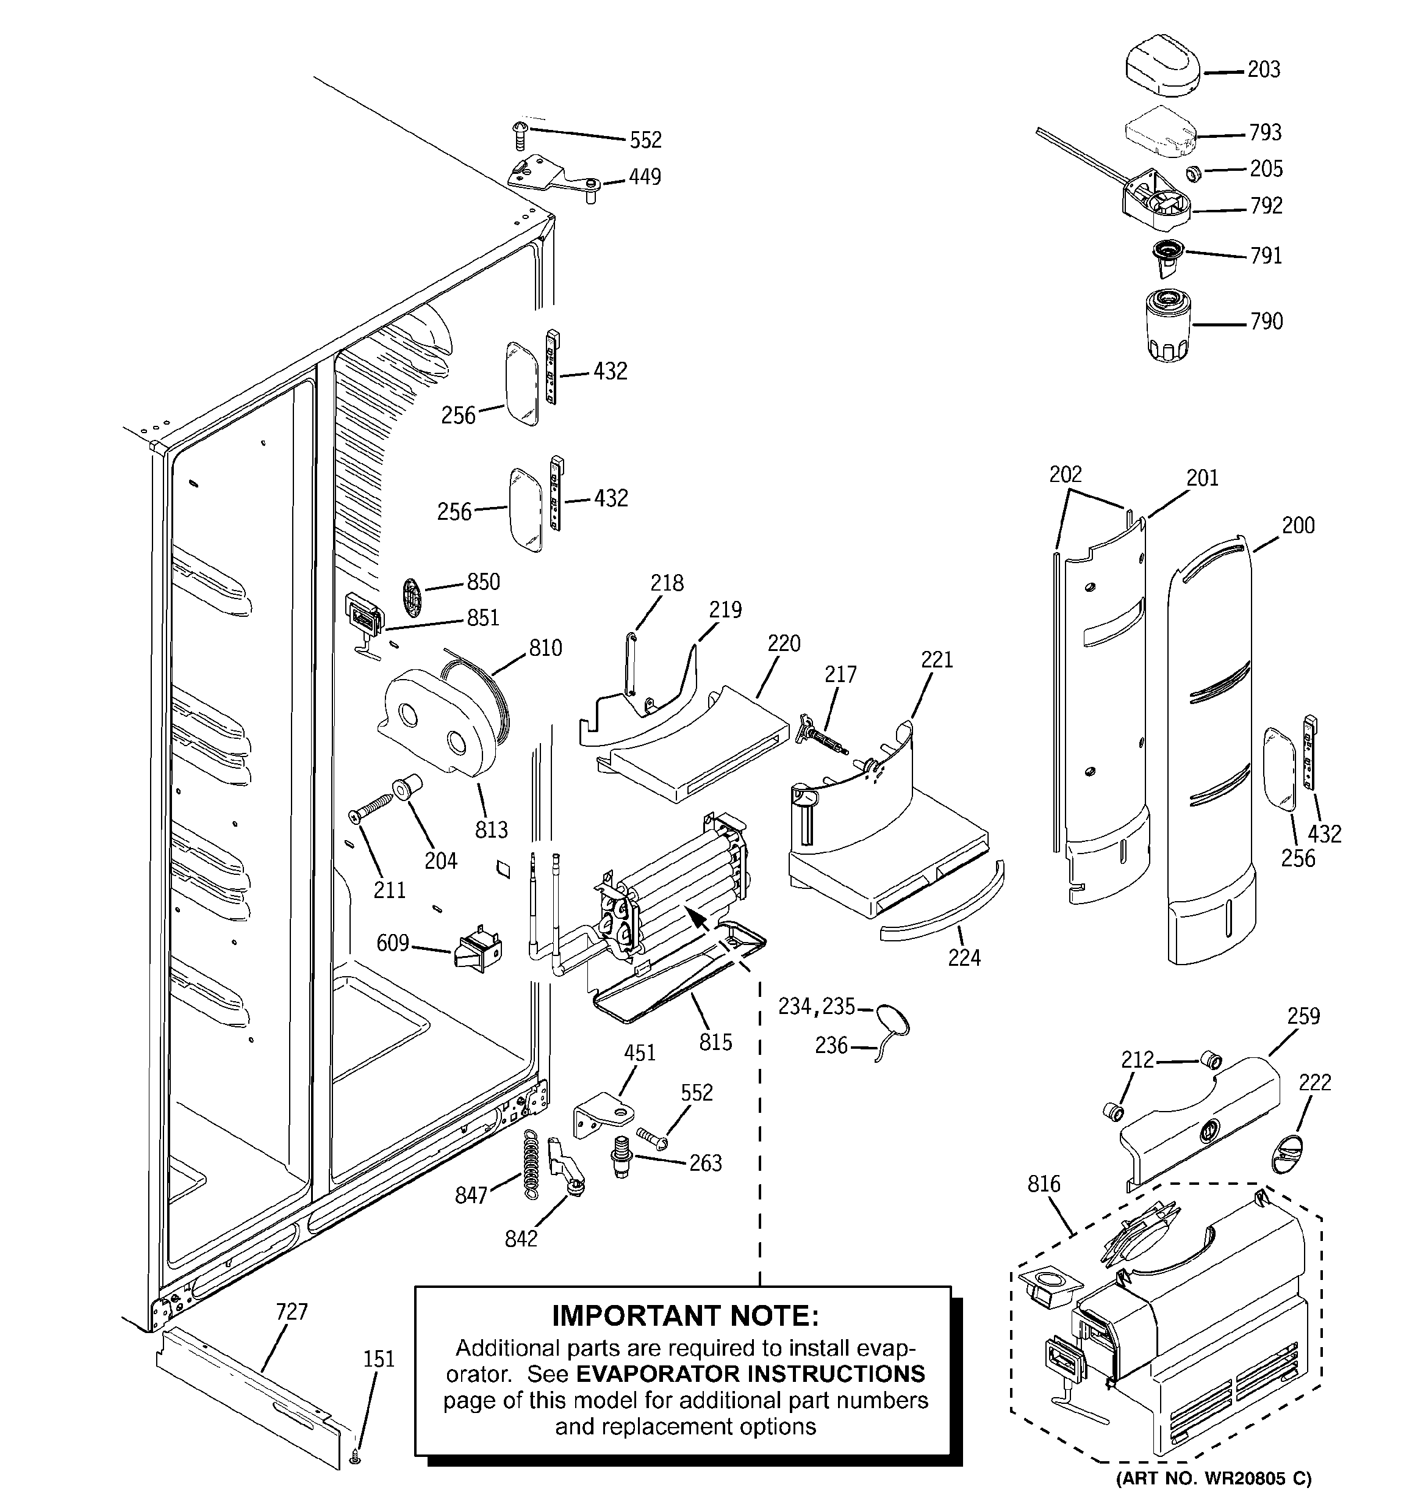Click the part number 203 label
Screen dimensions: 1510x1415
tap(1264, 70)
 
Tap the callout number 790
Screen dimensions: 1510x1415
tap(1266, 322)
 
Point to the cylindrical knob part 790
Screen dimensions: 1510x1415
tap(1167, 325)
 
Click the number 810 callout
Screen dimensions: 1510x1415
tap(545, 648)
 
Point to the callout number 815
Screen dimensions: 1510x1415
tap(715, 1041)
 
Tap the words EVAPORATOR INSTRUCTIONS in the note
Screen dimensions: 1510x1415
tap(750, 1373)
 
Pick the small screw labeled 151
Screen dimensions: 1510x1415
tap(356, 1458)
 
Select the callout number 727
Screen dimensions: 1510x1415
tap(291, 1311)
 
